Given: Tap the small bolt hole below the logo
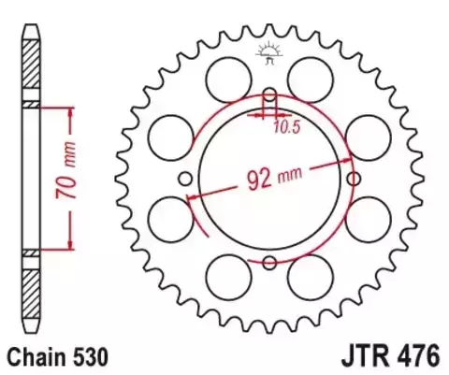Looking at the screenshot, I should [x=269, y=95].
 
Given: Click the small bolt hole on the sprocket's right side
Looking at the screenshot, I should [x=353, y=179].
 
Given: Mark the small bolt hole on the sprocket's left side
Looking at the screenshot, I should [x=185, y=179].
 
